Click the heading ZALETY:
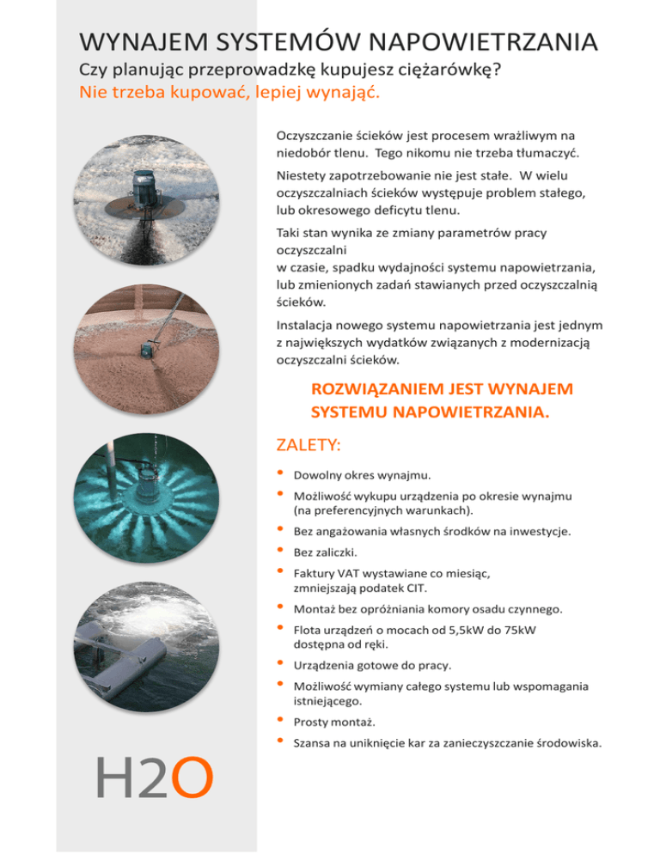coord(308,445)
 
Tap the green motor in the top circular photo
coord(140,187)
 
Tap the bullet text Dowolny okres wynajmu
coord(362,475)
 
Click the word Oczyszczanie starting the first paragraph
coord(310,136)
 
